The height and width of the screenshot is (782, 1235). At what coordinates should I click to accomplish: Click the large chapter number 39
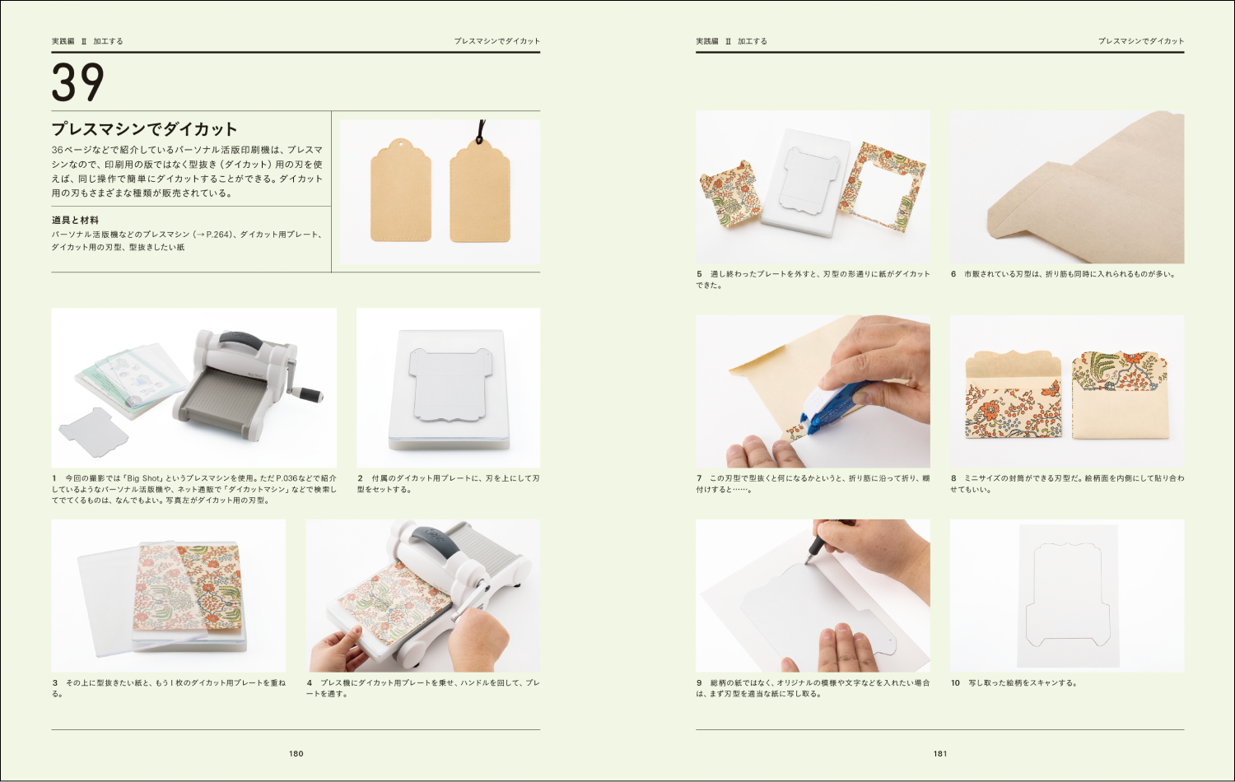point(77,82)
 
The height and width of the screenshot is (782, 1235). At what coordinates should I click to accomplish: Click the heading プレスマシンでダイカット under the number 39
point(144,129)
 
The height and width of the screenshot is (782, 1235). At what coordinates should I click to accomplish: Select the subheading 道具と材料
point(75,220)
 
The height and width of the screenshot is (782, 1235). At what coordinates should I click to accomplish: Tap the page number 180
point(296,753)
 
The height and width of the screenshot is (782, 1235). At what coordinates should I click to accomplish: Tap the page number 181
point(940,753)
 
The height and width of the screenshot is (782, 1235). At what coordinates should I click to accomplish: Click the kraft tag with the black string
point(480,191)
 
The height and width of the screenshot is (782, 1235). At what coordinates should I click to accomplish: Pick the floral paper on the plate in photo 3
point(188,586)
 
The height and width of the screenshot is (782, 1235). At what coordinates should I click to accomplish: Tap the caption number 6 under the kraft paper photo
point(953,274)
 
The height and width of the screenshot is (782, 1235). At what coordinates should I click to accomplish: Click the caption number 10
point(955,682)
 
